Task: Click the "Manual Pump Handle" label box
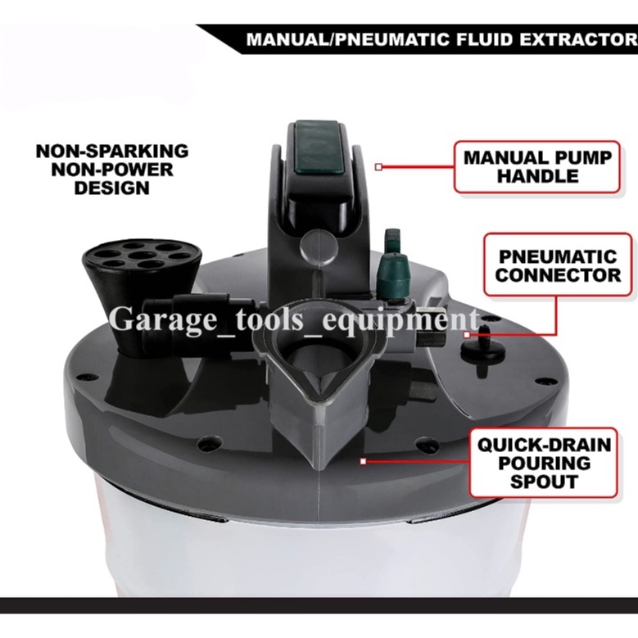pos(536,166)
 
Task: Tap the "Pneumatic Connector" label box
pos(557,264)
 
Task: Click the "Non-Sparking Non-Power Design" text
pos(112,170)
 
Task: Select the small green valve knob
pos(391,270)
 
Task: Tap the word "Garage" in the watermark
pos(156,319)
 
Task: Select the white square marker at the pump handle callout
pos(378,167)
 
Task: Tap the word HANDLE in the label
pos(537,176)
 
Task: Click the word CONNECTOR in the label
pos(558,274)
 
